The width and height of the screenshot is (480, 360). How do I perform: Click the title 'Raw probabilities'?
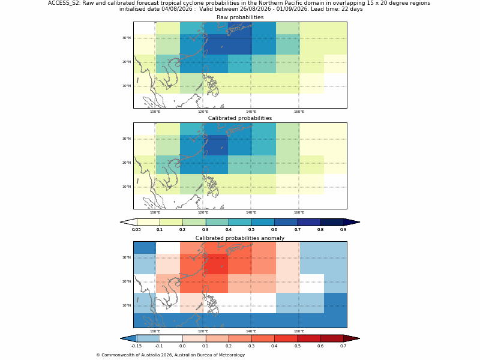pyautogui.click(x=240, y=17)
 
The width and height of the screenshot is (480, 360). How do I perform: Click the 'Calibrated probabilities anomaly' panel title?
pyautogui.click(x=240, y=238)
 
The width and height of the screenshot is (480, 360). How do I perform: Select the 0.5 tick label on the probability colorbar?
pyautogui.click(x=251, y=230)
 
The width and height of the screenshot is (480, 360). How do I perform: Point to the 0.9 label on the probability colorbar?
pyautogui.click(x=343, y=230)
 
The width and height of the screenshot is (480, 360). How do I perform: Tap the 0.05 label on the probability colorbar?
pyautogui.click(x=136, y=230)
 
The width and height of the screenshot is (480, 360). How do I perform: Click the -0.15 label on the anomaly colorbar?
pyautogui.click(x=136, y=346)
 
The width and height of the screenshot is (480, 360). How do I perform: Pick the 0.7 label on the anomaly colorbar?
pyautogui.click(x=343, y=346)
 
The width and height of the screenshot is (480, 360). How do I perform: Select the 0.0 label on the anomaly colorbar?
pyautogui.click(x=182, y=346)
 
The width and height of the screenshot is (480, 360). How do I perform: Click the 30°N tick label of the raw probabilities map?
pyautogui.click(x=127, y=38)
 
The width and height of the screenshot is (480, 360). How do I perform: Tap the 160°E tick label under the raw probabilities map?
pyautogui.click(x=299, y=112)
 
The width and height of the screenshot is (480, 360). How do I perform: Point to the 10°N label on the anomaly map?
pyautogui.click(x=127, y=305)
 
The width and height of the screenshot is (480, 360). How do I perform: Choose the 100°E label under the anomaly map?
pyautogui.click(x=155, y=331)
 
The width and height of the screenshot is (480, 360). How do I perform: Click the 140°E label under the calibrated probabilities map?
pyautogui.click(x=251, y=212)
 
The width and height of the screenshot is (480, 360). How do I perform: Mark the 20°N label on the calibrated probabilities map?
pyautogui.click(x=127, y=163)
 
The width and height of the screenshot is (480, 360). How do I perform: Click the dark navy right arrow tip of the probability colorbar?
pyautogui.click(x=359, y=222)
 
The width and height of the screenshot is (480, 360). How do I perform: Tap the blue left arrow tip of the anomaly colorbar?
pyautogui.click(x=121, y=338)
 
